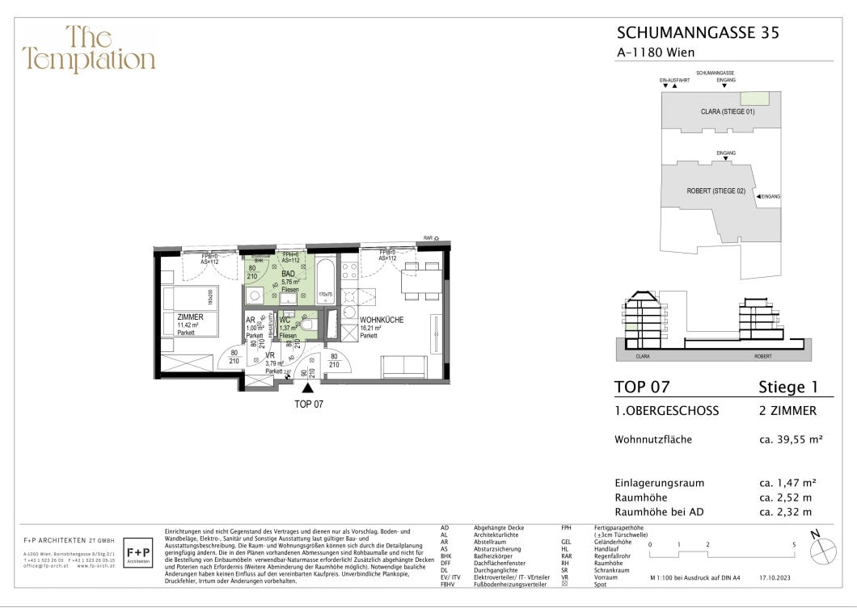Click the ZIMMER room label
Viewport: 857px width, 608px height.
pos(190,317)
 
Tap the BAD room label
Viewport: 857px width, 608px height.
pos(288,274)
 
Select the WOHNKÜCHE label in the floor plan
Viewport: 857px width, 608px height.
pos(382,321)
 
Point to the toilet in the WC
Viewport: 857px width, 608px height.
pos(307,325)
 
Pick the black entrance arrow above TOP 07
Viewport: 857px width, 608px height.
pos(307,388)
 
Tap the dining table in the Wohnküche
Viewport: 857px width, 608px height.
pos(422,282)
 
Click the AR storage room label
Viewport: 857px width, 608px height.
pos(251,320)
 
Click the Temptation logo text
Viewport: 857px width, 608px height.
pos(89,49)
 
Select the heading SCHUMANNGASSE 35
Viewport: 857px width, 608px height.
pos(698,33)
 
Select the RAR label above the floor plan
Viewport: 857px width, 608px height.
pos(428,239)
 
